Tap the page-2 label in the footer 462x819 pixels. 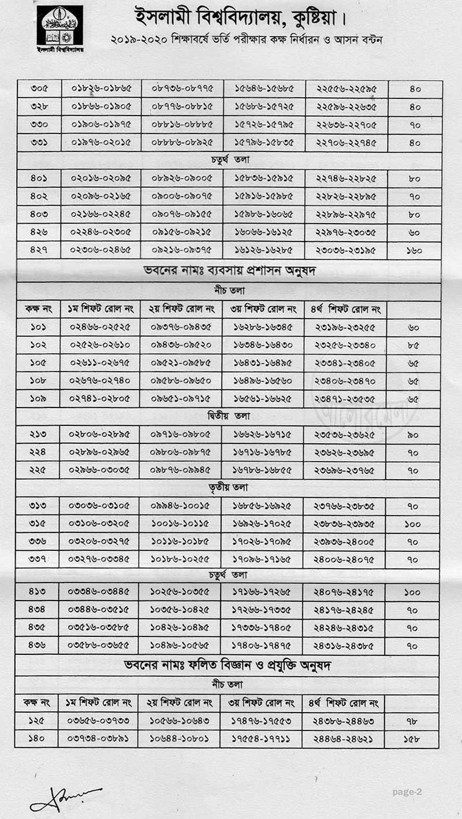click(x=407, y=792)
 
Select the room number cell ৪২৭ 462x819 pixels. click(x=38, y=250)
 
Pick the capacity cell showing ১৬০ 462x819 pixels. click(x=415, y=250)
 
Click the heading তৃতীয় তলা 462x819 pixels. click(x=228, y=488)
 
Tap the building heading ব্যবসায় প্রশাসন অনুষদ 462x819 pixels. click(x=228, y=269)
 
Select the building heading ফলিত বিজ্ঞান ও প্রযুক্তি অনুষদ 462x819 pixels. click(x=228, y=665)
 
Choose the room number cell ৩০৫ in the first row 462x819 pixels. click(x=38, y=88)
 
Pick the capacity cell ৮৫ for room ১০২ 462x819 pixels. click(x=413, y=344)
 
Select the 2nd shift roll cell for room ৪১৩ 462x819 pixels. click(x=180, y=591)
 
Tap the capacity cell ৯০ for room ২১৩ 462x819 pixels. click(x=413, y=434)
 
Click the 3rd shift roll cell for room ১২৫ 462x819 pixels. click(x=263, y=721)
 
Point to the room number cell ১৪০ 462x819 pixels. click(x=37, y=738)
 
